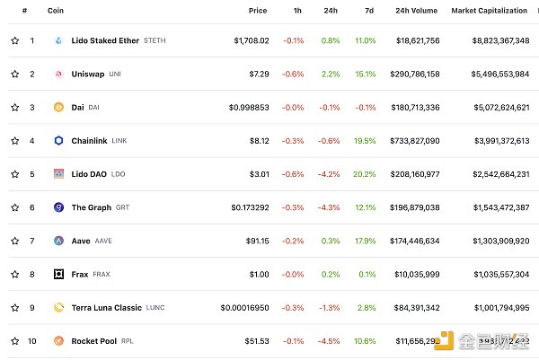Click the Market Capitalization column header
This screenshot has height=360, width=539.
click(x=490, y=10)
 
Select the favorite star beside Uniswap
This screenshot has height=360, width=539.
click(x=15, y=74)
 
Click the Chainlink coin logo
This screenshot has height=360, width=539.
click(x=59, y=141)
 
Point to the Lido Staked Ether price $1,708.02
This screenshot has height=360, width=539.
click(x=258, y=40)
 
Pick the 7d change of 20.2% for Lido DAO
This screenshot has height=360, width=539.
click(x=365, y=174)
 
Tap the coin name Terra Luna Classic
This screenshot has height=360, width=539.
click(x=107, y=308)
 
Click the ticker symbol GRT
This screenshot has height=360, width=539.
click(x=122, y=207)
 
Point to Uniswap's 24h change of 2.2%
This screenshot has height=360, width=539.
click(x=330, y=74)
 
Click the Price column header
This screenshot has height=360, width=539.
click(x=258, y=10)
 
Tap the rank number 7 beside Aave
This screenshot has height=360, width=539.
click(x=32, y=241)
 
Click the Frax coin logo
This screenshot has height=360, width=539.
click(x=59, y=274)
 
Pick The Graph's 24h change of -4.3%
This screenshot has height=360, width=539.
click(x=328, y=207)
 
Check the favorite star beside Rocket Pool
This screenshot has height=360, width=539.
click(x=15, y=341)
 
